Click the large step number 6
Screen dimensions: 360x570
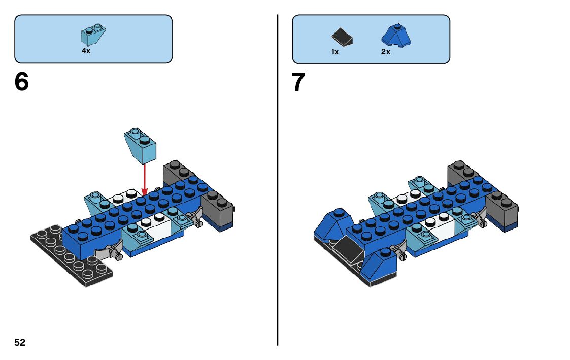pyautogui.click(x=22, y=82)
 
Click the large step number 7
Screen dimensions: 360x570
pyautogui.click(x=299, y=82)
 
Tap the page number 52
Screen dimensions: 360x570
pyautogui.click(x=20, y=343)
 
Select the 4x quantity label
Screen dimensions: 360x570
pyautogui.click(x=86, y=51)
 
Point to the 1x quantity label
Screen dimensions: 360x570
pyautogui.click(x=334, y=52)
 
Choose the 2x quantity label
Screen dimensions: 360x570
pyautogui.click(x=386, y=52)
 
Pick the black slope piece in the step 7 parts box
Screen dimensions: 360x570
pyautogui.click(x=342, y=37)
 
